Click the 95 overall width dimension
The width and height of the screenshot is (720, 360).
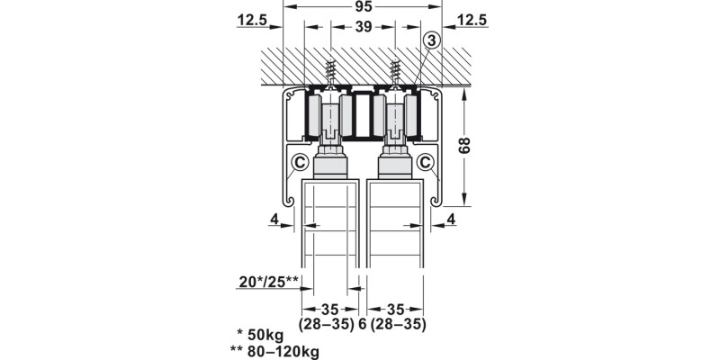point(363,6)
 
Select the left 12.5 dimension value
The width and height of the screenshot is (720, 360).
point(252,20)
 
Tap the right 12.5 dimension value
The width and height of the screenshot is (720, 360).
point(472,20)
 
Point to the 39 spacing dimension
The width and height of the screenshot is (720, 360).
point(364,27)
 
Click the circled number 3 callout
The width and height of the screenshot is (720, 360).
point(432,40)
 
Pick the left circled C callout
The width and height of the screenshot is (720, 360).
point(301,162)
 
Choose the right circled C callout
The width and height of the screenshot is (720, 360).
point(426,162)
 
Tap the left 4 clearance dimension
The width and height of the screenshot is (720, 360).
point(274,220)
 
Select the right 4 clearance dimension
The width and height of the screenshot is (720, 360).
point(451,220)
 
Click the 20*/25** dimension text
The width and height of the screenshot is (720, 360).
point(269,281)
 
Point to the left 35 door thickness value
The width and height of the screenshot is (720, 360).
point(329,309)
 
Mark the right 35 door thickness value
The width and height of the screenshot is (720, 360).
point(394,309)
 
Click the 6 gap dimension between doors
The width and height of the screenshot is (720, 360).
point(363,325)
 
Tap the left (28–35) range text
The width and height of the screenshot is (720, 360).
point(327,325)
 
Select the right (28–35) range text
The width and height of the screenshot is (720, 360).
point(398,325)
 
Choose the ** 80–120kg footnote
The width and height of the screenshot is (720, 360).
point(274,352)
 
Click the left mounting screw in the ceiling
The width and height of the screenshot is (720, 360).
point(329,73)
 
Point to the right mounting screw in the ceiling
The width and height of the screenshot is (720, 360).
point(394,73)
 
